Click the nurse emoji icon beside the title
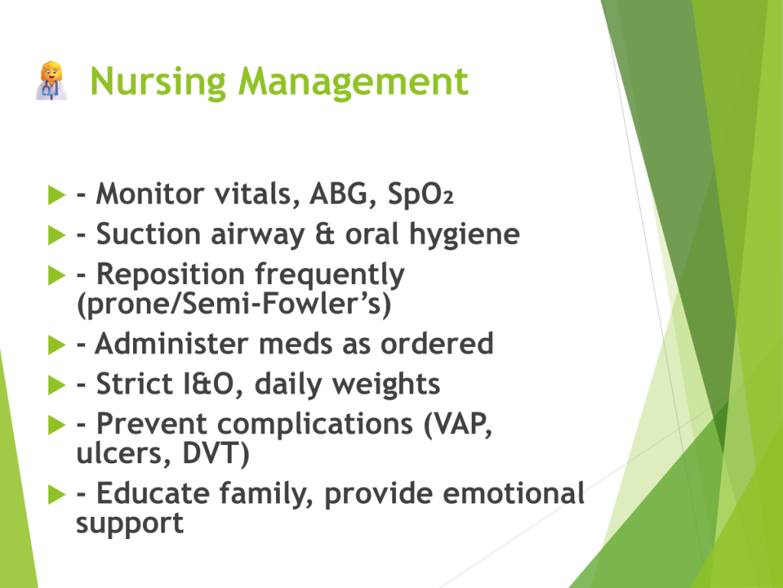pos(51,80)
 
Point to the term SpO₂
pos(421,194)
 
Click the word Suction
pos(148,234)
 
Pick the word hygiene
pos(464,235)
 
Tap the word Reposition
pos(171,276)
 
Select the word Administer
pos(172,344)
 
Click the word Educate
pos(153,494)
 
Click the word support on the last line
pos(130,524)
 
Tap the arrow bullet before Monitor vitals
pos(57,194)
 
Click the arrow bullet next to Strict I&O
pos(57,385)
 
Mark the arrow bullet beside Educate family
pos(57,495)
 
